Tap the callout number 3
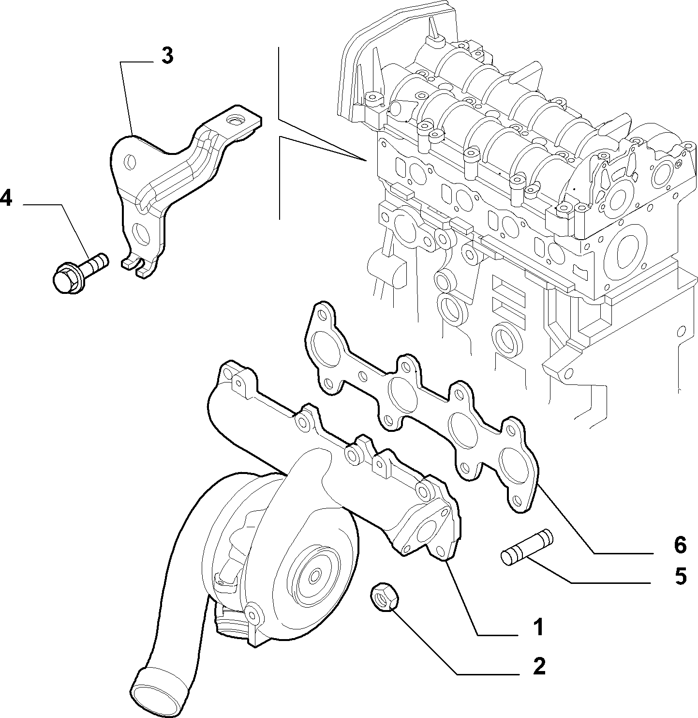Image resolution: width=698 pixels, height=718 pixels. click(x=167, y=56)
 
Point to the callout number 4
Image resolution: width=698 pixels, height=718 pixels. click(x=6, y=198)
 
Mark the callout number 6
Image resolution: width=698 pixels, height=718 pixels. click(x=680, y=545)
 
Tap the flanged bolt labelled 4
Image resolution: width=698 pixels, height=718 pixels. click(x=80, y=273)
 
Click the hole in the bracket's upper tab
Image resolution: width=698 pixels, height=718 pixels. click(x=235, y=120)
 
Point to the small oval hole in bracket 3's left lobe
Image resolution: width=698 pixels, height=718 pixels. click(x=130, y=162)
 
